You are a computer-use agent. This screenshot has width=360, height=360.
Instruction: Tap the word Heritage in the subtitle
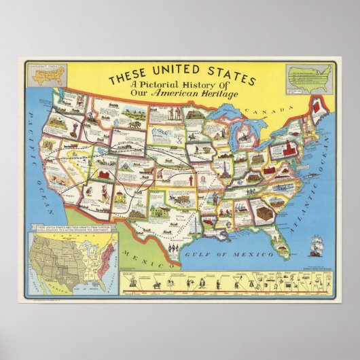coord(221,94)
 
